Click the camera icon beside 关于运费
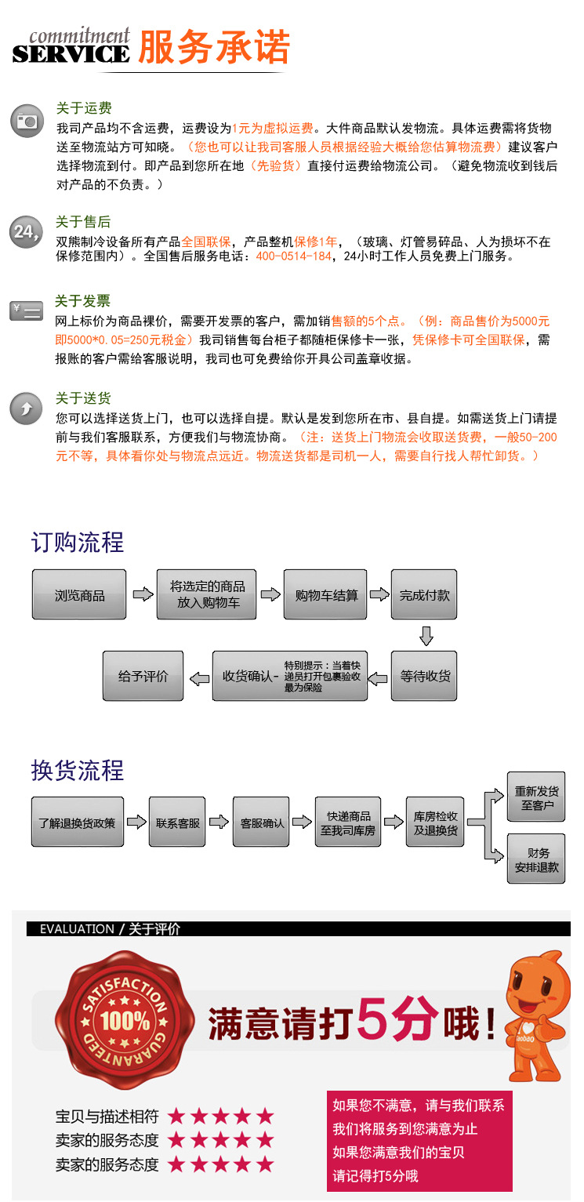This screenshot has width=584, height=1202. [x=27, y=122]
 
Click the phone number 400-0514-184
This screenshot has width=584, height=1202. [x=294, y=256]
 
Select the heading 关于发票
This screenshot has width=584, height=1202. [x=82, y=301]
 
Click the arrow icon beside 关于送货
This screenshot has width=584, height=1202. [x=26, y=409]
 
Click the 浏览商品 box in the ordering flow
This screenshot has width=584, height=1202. [x=79, y=595]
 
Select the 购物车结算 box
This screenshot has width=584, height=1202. [x=325, y=595]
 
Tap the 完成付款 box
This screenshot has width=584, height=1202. [x=424, y=595]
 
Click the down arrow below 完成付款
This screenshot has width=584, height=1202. [x=426, y=635]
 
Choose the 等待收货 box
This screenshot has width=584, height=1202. [x=424, y=676]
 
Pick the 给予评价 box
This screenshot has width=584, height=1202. [x=143, y=676]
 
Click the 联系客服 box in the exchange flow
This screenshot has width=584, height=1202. [x=177, y=823]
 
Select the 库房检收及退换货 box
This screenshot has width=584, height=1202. [x=435, y=823]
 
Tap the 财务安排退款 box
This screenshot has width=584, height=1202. [x=536, y=859]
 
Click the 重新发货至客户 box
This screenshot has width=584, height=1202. [x=536, y=797]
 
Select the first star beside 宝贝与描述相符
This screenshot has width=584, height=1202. [x=176, y=1116]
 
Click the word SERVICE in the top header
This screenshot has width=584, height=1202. [x=71, y=53]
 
